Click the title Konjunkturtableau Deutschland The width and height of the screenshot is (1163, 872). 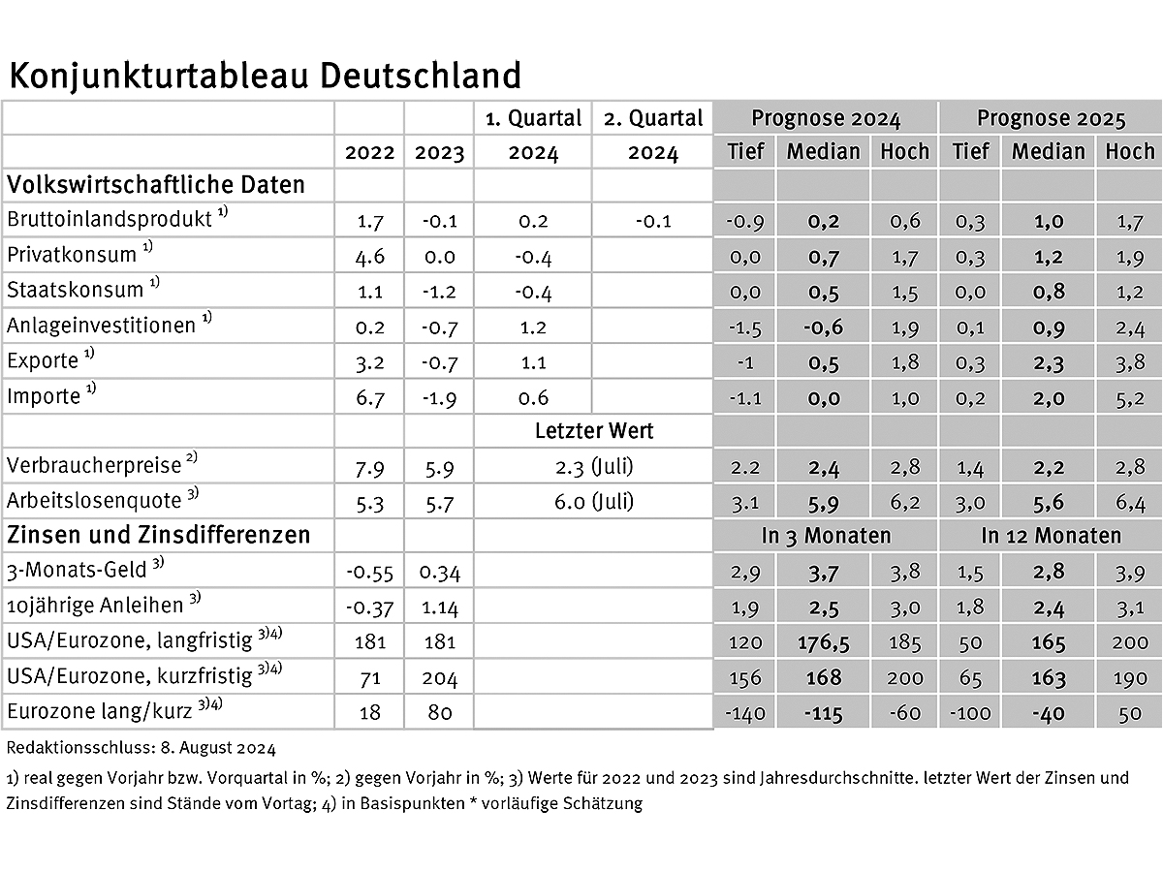[x=264, y=76]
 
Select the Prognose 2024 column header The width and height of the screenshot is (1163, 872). [x=825, y=119]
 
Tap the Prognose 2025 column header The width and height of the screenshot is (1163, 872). [x=1051, y=119]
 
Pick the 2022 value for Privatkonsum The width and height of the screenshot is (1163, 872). [x=369, y=257]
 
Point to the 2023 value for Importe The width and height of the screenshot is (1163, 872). [x=439, y=397]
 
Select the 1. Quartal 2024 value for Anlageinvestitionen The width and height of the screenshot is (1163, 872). [x=532, y=327]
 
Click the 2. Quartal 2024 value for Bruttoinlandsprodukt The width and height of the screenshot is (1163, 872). [x=652, y=221]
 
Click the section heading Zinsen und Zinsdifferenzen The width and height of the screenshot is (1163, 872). [x=158, y=535]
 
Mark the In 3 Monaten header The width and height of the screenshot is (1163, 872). [x=825, y=536]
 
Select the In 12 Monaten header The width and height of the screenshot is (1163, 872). [x=1051, y=536]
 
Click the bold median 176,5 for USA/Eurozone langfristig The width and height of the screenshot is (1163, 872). [x=823, y=643]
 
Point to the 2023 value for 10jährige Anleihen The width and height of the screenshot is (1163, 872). [x=439, y=607]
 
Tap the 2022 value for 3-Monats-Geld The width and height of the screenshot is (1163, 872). [x=369, y=573]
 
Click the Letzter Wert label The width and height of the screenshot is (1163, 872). [x=592, y=431]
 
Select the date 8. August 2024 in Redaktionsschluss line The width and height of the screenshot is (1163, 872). [x=209, y=748]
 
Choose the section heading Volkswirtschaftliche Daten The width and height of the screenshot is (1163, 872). [x=156, y=184]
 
